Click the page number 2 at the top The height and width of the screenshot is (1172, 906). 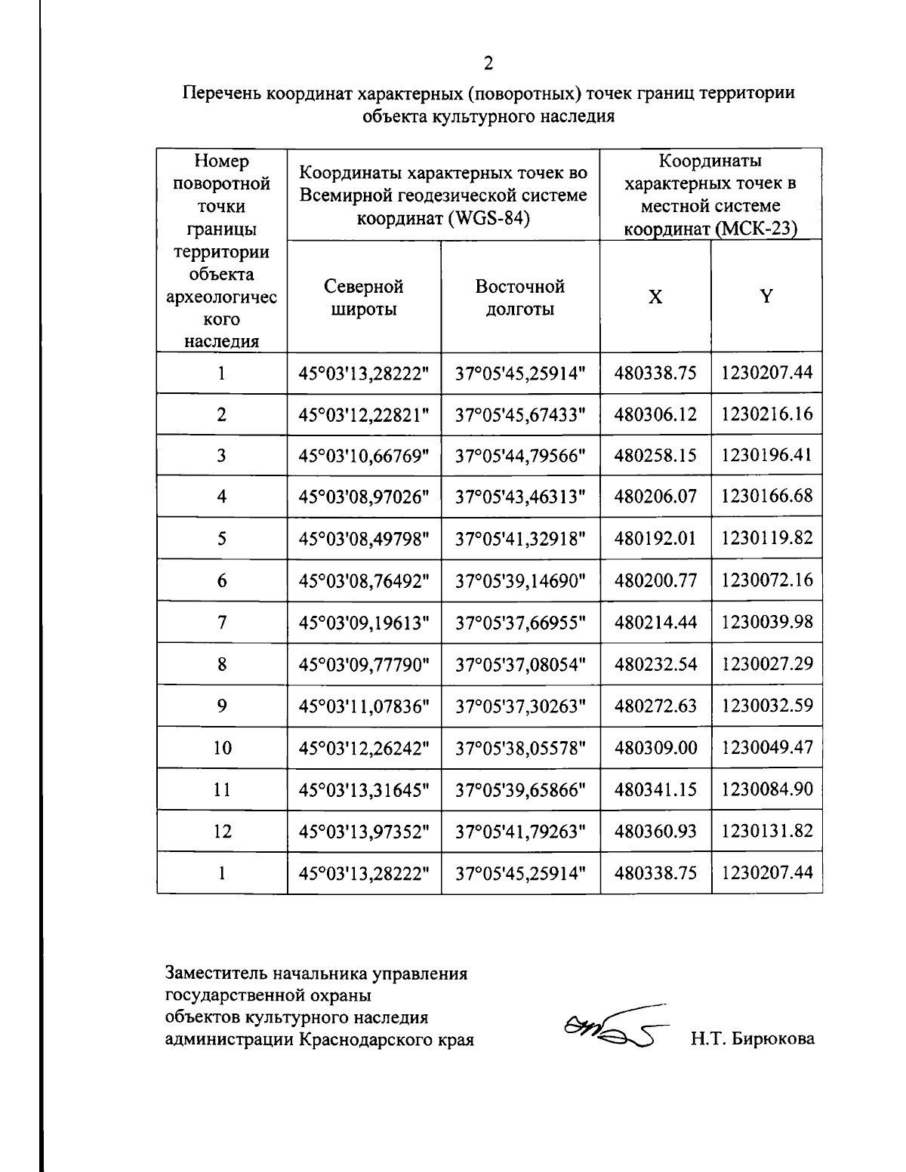coord(488,63)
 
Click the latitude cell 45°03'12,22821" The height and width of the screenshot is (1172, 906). coord(364,414)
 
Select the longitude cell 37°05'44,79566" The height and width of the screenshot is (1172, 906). coord(521,456)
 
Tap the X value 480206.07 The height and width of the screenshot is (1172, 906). coord(655,497)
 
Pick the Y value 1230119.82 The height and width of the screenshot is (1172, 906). coord(766,538)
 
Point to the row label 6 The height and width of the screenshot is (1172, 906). coord(221,580)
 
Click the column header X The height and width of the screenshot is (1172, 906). coord(655,297)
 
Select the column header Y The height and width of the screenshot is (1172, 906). coord(766,297)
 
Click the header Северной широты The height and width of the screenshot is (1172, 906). coord(364,297)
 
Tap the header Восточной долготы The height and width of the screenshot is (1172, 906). coord(520,297)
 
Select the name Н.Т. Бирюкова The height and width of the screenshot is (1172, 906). coord(752,1039)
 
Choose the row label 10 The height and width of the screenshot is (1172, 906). coord(221,748)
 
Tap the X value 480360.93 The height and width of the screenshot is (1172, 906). coord(655,832)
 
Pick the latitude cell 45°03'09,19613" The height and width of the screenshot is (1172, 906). coord(364,623)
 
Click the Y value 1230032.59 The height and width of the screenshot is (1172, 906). coord(766,706)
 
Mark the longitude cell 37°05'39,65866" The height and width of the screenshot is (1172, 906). coord(521,790)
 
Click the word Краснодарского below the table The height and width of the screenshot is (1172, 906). coord(366,1039)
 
